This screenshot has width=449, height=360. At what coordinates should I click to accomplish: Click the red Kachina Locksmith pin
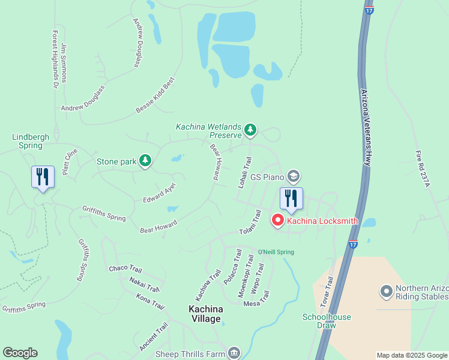coord(278,221)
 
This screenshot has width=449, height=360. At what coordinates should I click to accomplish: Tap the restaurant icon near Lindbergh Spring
coord(43,177)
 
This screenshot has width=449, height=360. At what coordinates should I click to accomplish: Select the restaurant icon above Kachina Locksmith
coord(291,199)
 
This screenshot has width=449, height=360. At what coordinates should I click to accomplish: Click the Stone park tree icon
coord(145,160)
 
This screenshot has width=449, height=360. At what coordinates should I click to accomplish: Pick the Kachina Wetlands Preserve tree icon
coord(250,130)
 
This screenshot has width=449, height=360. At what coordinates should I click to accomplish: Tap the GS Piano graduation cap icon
coord(294,176)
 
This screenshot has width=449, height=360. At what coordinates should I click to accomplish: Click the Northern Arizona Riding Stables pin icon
coord(387,292)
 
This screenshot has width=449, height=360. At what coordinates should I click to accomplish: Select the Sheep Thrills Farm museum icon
coord(234,352)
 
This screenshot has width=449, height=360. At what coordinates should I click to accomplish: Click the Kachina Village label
coord(206,313)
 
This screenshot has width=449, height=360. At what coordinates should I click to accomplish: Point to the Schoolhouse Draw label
coord(327,320)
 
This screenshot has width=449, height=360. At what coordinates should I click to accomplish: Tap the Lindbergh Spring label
coord(31,141)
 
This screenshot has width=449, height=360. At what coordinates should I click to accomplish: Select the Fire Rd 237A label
coord(423,169)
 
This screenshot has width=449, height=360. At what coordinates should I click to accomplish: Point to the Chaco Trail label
coord(125,268)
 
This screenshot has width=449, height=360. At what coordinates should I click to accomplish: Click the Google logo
coord(20,353)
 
